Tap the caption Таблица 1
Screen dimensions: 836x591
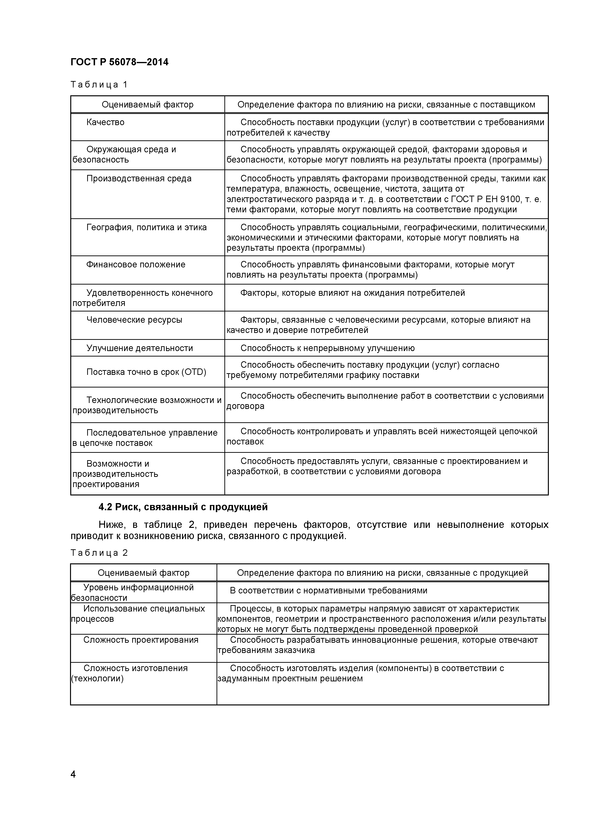[99, 85]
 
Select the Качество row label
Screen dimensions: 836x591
[105, 122]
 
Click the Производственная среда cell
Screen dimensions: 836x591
[139, 178]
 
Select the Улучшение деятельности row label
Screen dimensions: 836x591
[140, 348]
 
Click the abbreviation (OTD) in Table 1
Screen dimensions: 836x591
[194, 372]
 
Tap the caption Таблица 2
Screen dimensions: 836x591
[99, 553]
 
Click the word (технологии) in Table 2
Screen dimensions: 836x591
[97, 679]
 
